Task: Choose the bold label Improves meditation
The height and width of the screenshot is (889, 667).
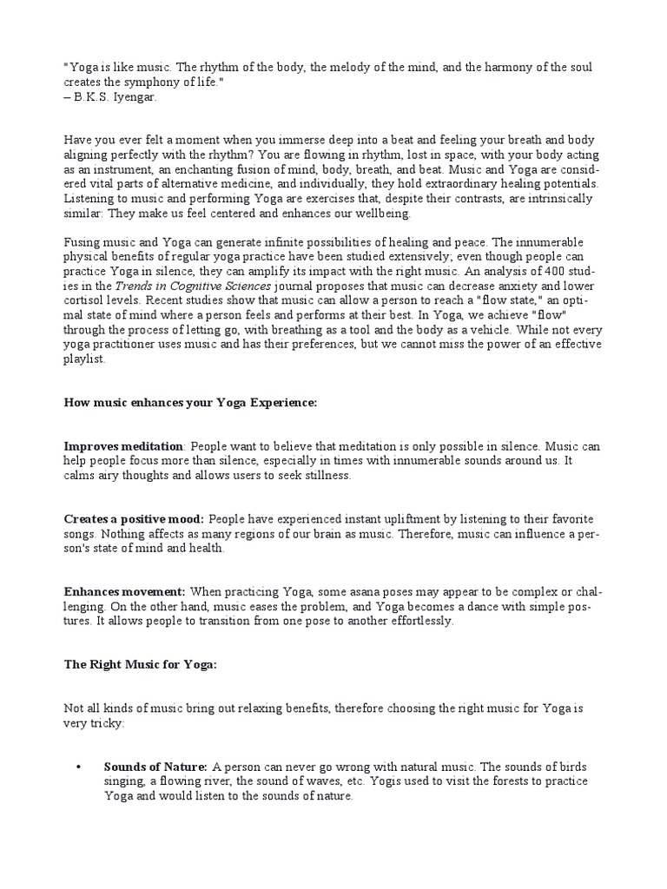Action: pyautogui.click(x=123, y=446)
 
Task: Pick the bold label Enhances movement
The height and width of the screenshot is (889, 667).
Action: pyautogui.click(x=124, y=591)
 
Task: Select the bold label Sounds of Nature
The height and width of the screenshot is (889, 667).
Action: pyautogui.click(x=155, y=767)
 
